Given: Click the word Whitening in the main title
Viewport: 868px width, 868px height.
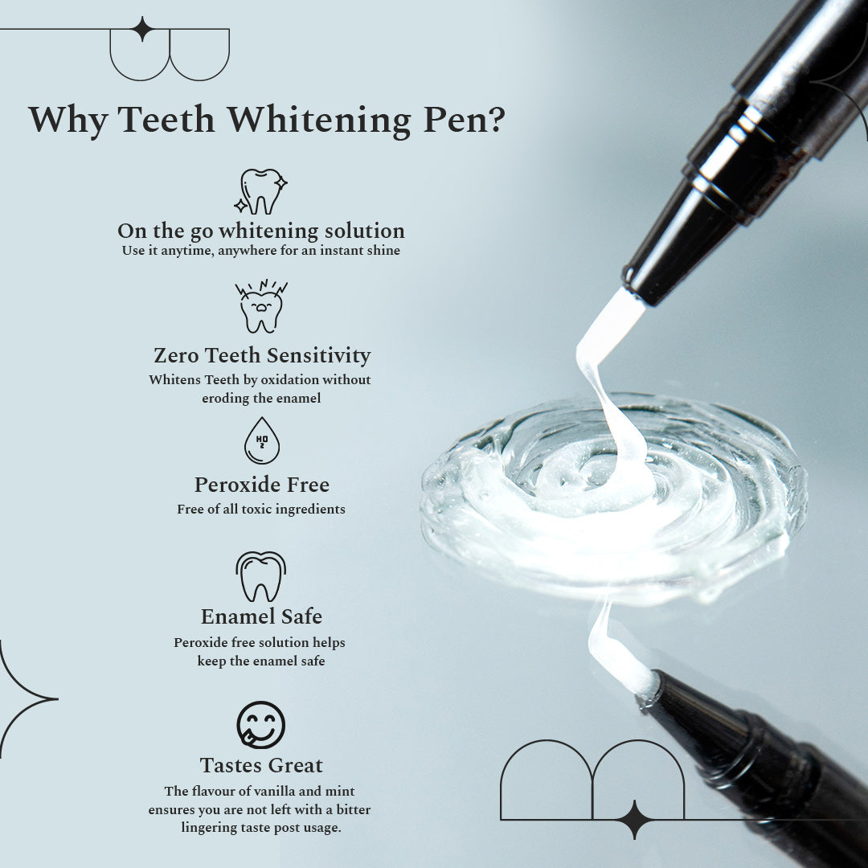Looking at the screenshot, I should tap(317, 121).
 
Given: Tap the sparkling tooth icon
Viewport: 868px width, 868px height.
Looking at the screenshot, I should tap(261, 191).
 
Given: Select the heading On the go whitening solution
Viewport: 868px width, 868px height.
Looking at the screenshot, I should tap(261, 231).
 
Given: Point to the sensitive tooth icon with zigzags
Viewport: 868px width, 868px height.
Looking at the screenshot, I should tap(261, 306).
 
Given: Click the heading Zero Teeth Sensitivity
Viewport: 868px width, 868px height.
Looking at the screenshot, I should tap(262, 355).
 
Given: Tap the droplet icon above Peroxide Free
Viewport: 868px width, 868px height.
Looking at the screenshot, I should tap(261, 440).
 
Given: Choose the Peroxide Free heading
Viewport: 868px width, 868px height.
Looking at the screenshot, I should tap(262, 485).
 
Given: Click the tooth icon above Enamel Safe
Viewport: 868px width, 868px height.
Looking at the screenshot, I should tap(261, 576).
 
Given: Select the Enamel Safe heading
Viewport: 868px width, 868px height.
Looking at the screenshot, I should tap(261, 616).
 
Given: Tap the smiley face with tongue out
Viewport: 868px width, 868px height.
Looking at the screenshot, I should tap(261, 725).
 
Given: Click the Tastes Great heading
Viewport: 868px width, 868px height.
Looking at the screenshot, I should tap(262, 765).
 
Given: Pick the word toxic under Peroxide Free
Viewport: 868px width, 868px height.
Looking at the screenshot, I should tap(257, 509).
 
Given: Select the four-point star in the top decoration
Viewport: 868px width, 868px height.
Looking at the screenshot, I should tap(142, 29).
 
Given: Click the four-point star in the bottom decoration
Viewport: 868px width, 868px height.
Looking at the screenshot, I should tap(634, 819).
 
